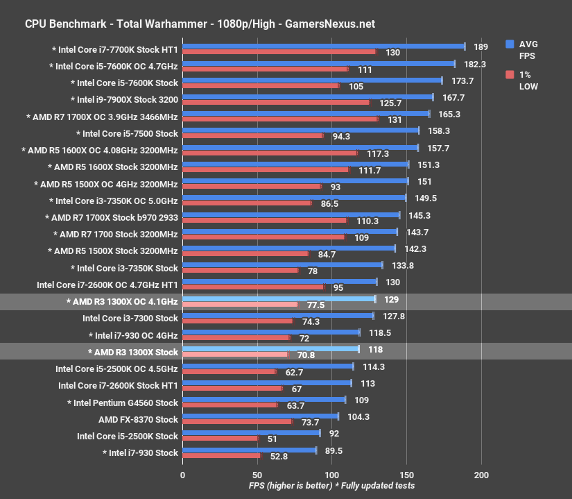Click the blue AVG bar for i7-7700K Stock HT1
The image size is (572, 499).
coord(323,46)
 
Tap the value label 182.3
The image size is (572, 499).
coord(476,64)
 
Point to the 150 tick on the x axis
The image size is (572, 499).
coord(406,475)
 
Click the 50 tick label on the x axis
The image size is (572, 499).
coord(257,475)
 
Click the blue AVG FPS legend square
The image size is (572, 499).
coord(510,43)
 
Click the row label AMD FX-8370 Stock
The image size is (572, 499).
coord(139,419)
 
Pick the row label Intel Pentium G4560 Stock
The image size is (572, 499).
coord(123,403)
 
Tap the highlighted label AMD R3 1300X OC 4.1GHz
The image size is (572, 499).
coord(123,302)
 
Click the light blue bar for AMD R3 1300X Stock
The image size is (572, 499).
coord(270,349)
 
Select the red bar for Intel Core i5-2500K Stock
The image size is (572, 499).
coord(220,439)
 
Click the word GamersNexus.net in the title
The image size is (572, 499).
coord(329,24)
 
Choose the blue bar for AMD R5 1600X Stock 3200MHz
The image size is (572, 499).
coord(295,164)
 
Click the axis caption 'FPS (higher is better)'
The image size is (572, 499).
coord(290,485)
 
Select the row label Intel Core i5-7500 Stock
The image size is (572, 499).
coord(130,133)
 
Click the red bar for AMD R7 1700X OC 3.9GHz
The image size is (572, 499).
coord(279,119)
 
